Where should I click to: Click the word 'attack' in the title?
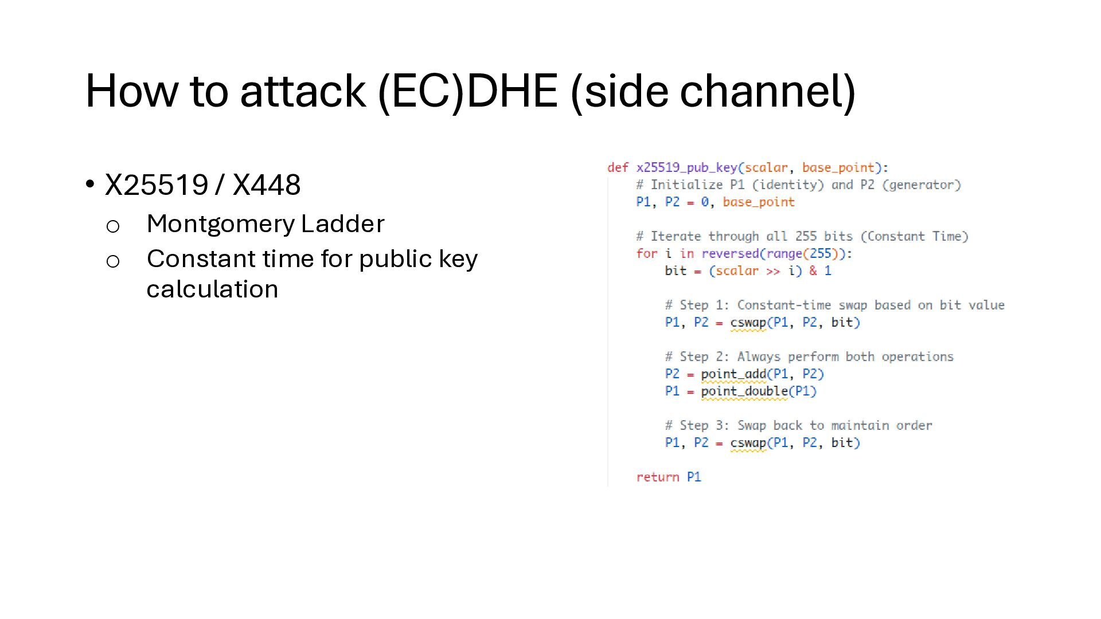click(x=302, y=91)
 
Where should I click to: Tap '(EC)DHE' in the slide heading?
click(x=467, y=91)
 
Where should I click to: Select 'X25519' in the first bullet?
click(x=157, y=185)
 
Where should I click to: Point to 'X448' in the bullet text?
click(x=267, y=185)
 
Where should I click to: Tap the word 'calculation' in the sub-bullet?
click(x=212, y=289)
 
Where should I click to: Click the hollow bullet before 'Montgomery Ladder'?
click(x=113, y=226)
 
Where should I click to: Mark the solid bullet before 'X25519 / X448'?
click(x=90, y=185)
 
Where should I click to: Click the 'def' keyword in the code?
click(x=618, y=167)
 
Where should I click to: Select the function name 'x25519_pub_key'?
click(x=686, y=167)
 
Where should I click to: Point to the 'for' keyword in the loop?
click(x=646, y=253)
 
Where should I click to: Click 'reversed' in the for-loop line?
click(x=730, y=253)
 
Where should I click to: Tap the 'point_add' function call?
click(x=733, y=374)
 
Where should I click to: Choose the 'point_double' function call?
click(x=744, y=391)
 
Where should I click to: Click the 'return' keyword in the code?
click(x=657, y=477)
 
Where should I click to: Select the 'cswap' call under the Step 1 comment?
click(x=748, y=322)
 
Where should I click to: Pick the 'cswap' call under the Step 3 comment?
click(x=748, y=442)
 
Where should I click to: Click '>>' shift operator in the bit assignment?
click(x=773, y=271)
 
